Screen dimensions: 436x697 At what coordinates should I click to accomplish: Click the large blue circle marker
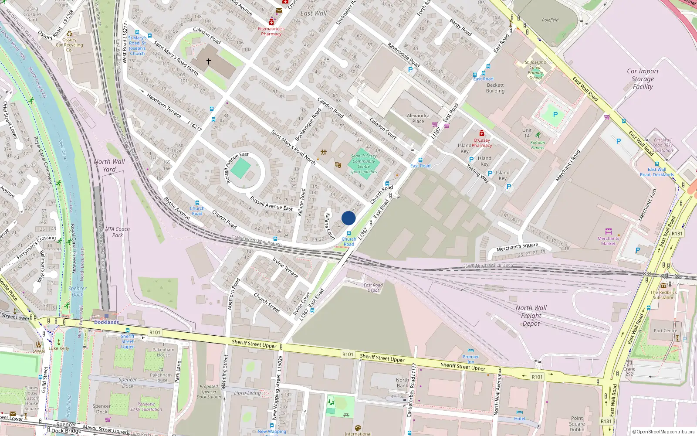coord(348,218)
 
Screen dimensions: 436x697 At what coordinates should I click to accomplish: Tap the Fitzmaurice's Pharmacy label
coord(271,31)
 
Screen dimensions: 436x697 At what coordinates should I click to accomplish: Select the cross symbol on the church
coord(208,61)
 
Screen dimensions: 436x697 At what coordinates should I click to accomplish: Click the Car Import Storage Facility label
coord(643,79)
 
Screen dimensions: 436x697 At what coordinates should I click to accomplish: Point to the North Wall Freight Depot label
coord(531,315)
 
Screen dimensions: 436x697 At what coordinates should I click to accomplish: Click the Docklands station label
coord(106,322)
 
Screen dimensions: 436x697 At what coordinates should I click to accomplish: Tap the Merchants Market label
coord(608,241)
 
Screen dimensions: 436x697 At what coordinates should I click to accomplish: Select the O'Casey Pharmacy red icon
coord(481,133)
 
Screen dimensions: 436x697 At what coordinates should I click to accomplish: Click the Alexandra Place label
coord(418,118)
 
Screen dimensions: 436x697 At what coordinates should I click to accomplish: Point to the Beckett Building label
coord(495,88)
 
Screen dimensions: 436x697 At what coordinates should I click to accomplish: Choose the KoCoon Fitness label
coord(538,145)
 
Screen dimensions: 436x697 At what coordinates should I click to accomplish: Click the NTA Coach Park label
coord(117,232)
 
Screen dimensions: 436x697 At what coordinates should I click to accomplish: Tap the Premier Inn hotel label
coord(470,359)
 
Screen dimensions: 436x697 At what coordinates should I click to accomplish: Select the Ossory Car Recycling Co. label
coord(69,44)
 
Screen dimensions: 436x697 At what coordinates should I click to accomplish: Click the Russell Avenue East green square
coord(240,168)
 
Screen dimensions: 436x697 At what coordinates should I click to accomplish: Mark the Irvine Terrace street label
coord(285,267)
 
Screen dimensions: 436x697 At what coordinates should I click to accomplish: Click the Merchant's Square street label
coord(517,247)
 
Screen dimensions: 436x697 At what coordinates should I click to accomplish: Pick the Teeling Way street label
coord(478,173)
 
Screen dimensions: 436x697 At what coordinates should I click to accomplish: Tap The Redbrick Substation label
coord(663,295)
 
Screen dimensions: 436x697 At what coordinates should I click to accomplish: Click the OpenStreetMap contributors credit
coord(663,432)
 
